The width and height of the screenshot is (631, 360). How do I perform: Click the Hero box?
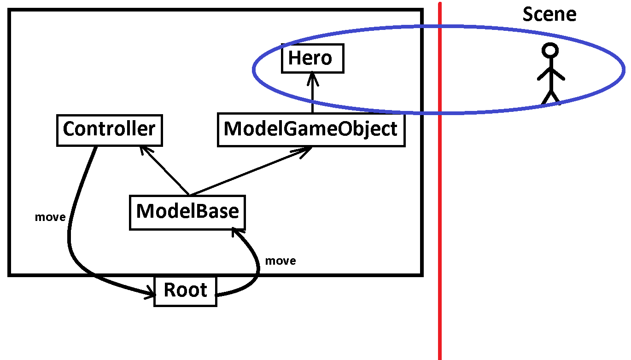(x=313, y=58)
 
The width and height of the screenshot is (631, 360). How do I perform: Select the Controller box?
(x=109, y=130)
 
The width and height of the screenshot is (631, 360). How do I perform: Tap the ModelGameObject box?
(x=311, y=130)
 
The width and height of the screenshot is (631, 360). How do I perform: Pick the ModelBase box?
(x=187, y=212)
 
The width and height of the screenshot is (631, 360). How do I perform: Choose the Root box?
(x=185, y=291)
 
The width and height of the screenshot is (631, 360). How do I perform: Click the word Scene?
(x=549, y=15)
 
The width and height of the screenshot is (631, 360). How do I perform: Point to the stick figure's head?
(x=550, y=50)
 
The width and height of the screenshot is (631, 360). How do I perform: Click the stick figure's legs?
(x=550, y=97)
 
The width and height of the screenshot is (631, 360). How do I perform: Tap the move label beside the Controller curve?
(x=50, y=217)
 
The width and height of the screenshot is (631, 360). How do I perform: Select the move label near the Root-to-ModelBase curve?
(x=280, y=261)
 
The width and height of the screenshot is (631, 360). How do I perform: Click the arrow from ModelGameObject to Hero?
(x=312, y=94)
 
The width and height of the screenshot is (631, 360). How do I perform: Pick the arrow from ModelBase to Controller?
(x=165, y=170)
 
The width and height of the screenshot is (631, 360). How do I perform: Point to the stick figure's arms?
(x=550, y=74)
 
